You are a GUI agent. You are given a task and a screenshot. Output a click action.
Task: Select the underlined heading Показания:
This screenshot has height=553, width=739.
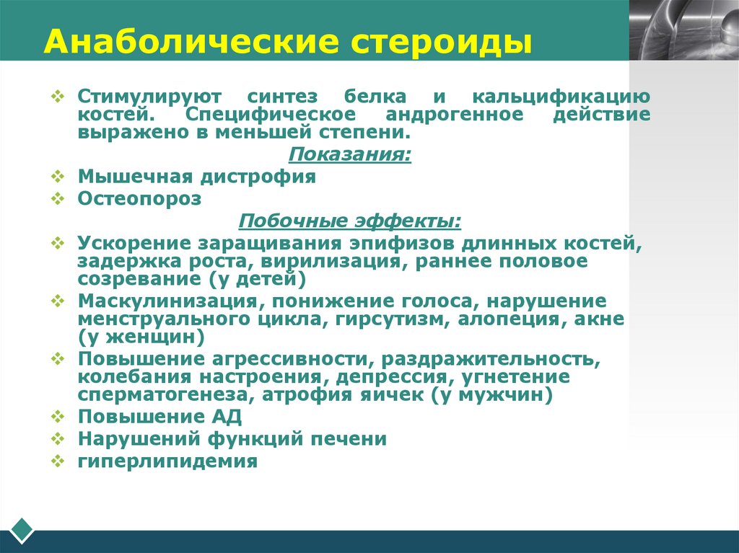350,154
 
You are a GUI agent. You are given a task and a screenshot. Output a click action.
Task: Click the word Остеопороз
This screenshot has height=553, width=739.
139,199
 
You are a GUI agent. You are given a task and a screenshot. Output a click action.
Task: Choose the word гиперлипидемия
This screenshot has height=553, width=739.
167,461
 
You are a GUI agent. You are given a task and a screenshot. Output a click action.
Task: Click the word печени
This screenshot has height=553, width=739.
354,438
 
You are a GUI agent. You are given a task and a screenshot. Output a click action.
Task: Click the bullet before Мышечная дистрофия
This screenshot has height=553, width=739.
58,177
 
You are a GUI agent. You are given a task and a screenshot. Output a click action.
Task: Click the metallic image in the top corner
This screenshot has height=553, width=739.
683,30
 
